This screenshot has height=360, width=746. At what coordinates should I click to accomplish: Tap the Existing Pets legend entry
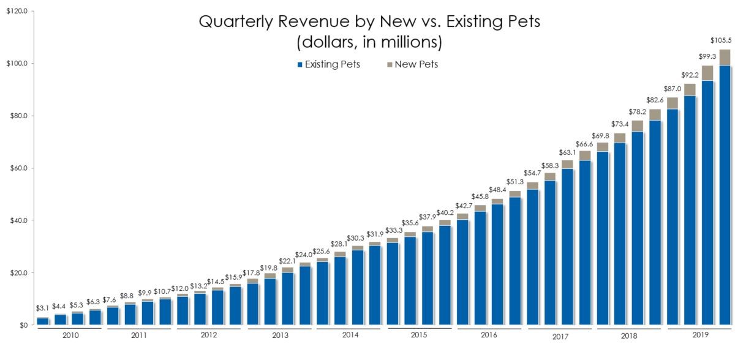click(x=328, y=64)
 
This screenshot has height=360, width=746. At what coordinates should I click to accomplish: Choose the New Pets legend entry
click(x=412, y=64)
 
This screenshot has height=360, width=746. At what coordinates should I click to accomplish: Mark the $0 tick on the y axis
click(x=21, y=325)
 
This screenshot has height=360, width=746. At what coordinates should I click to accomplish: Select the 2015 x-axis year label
click(x=418, y=336)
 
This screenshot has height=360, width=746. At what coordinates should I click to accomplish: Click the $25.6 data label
click(x=321, y=251)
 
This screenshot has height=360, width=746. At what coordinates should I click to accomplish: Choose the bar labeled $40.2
click(x=445, y=272)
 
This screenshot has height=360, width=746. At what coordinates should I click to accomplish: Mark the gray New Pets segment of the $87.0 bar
click(x=673, y=103)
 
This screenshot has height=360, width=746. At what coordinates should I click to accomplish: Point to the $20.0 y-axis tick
click(x=17, y=272)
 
